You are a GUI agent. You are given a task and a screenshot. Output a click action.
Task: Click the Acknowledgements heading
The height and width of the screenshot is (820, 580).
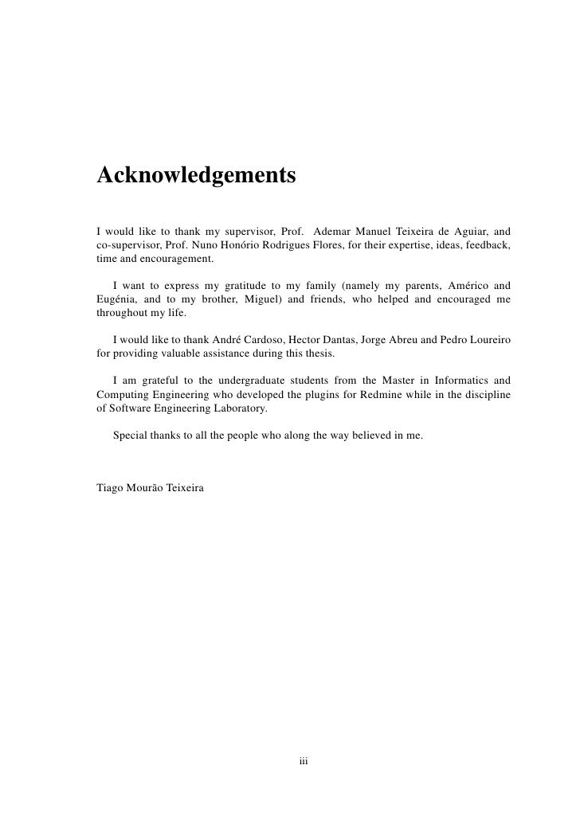pyautogui.click(x=196, y=174)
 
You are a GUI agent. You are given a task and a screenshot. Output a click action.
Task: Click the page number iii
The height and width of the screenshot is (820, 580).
pyautogui.click(x=304, y=761)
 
